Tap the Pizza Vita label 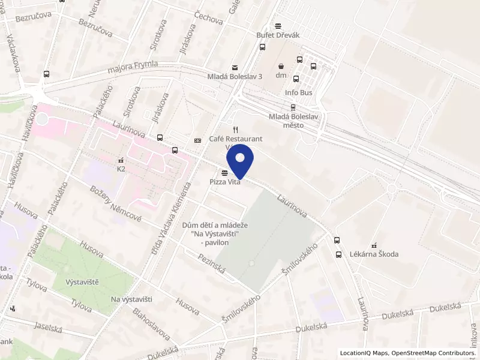[x=225, y=182]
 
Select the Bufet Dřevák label [x=278, y=35]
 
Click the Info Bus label [x=299, y=92]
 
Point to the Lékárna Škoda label [x=374, y=254]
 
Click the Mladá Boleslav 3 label [x=235, y=77]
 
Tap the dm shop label [x=281, y=75]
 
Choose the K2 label [x=121, y=169]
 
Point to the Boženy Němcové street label [x=116, y=205]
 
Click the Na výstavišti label [x=131, y=299]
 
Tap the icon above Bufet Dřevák [x=278, y=26]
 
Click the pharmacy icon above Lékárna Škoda [x=374, y=245]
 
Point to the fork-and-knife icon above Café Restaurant [x=236, y=130]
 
